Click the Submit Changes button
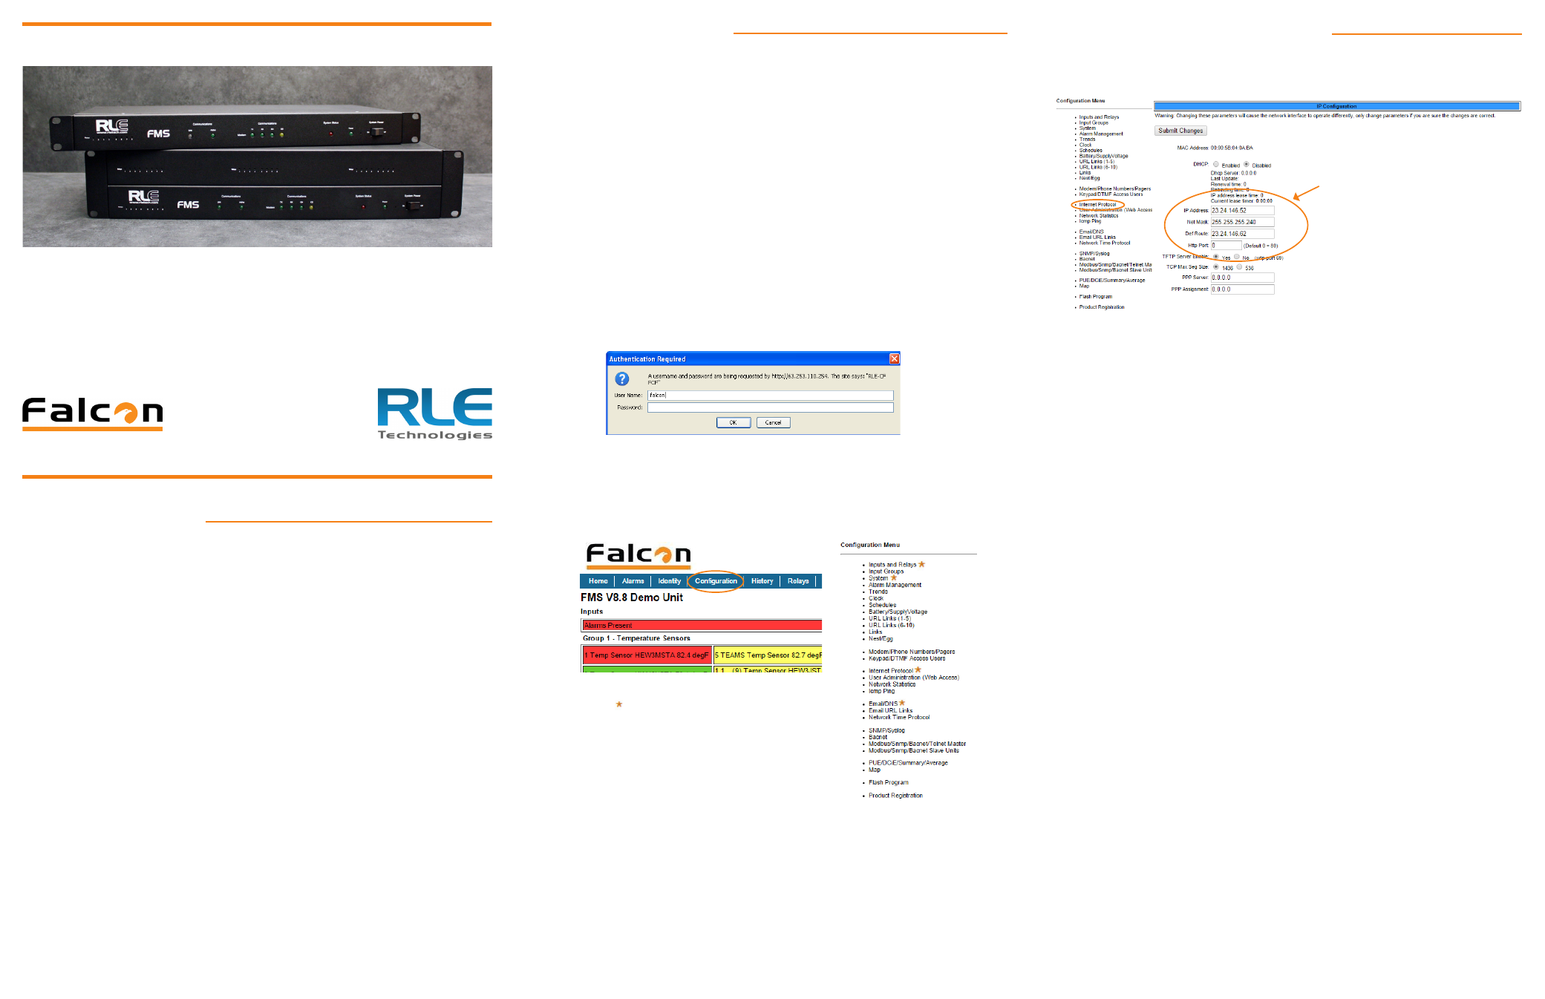[x=1180, y=131]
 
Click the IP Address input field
[x=1241, y=211]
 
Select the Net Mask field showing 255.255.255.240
[x=1241, y=222]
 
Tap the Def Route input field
[x=1241, y=234]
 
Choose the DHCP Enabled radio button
[x=1216, y=165]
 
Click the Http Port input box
[x=1226, y=246]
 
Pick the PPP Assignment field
[x=1241, y=289]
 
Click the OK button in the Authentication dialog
[x=733, y=422]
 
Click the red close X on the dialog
[x=894, y=358]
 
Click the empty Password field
[x=770, y=407]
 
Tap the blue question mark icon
[x=622, y=379]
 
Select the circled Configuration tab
[x=716, y=581]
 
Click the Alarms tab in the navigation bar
[x=633, y=581]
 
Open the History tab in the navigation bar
[x=762, y=581]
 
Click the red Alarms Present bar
[x=701, y=626]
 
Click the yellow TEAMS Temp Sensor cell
[x=767, y=655]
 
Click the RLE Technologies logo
[x=434, y=413]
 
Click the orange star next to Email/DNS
[x=902, y=703]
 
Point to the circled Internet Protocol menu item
[x=1097, y=205]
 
